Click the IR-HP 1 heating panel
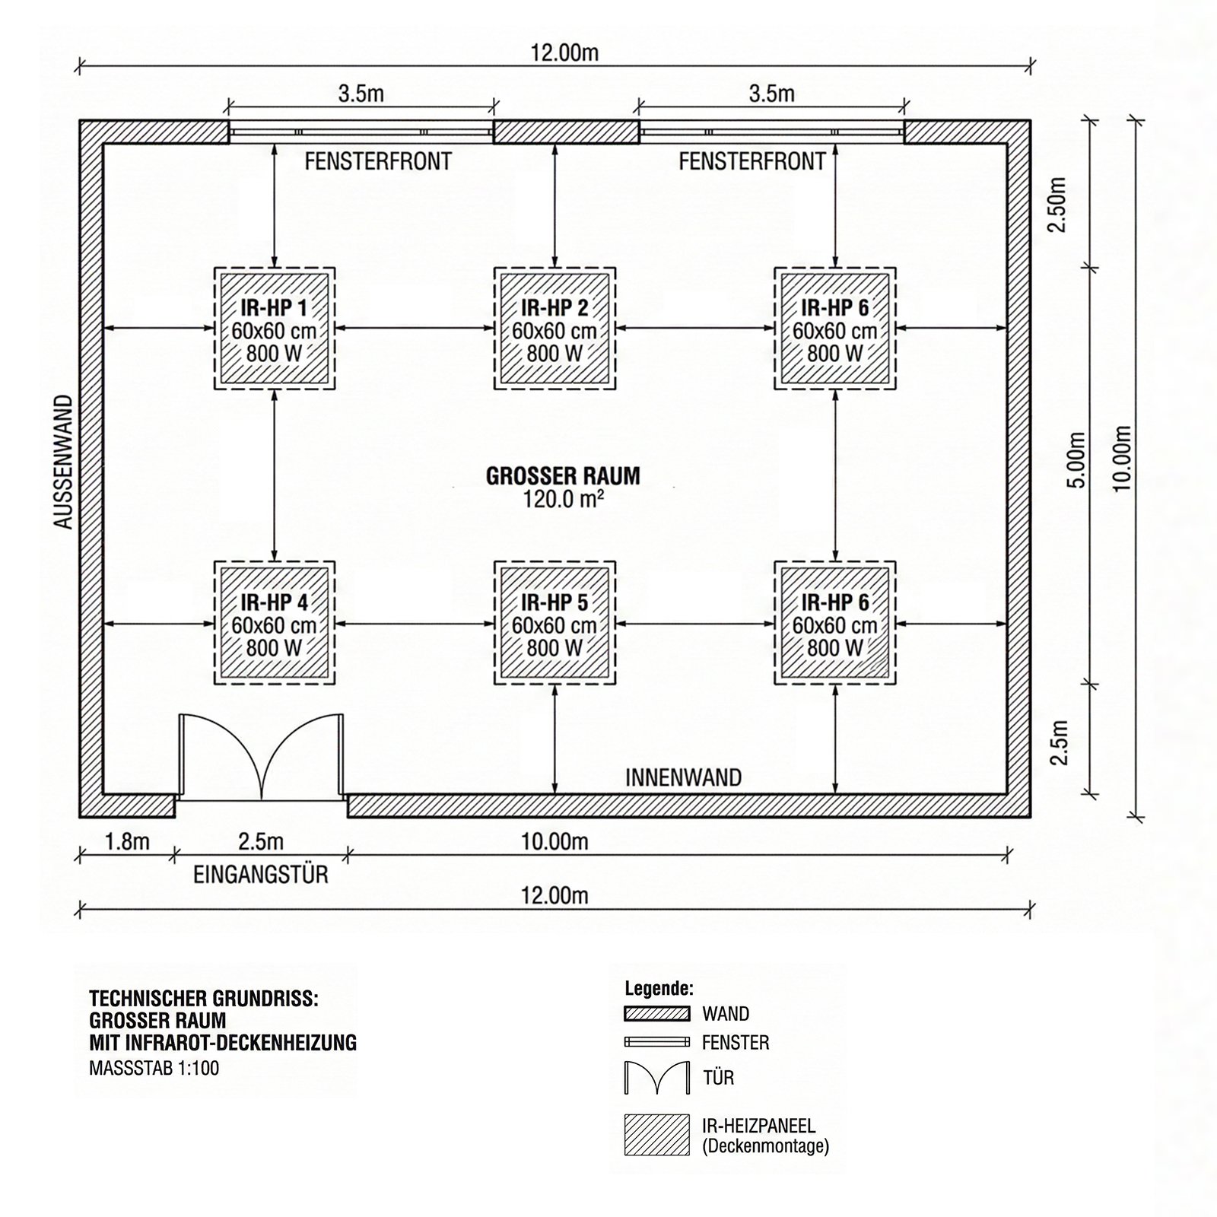(x=274, y=329)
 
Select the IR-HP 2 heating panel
(x=554, y=329)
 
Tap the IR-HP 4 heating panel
(x=274, y=624)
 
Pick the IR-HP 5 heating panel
(x=554, y=624)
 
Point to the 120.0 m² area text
(x=563, y=499)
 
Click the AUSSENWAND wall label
(x=64, y=462)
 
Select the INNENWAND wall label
(x=683, y=777)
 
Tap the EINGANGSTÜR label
(x=261, y=875)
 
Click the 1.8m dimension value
(x=127, y=841)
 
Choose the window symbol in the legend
(x=657, y=1042)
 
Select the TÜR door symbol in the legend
(x=657, y=1078)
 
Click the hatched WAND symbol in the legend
(x=657, y=1014)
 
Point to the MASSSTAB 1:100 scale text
(x=154, y=1068)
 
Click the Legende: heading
(x=659, y=989)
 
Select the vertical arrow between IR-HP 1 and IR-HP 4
(x=274, y=476)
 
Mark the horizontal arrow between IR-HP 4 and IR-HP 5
(x=415, y=624)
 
